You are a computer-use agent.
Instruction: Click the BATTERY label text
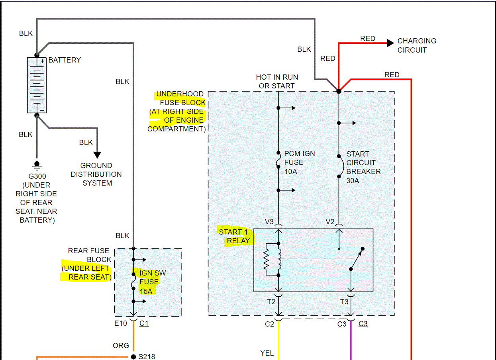pyautogui.click(x=65, y=60)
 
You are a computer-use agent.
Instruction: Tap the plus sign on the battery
pyautogui.click(x=42, y=61)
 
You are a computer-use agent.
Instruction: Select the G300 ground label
pyautogui.click(x=36, y=176)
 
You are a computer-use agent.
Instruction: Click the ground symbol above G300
pyautogui.click(x=37, y=164)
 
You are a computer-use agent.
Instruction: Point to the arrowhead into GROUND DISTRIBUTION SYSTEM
pyautogui.click(x=97, y=155)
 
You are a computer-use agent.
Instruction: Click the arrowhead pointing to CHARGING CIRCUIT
pyautogui.click(x=390, y=43)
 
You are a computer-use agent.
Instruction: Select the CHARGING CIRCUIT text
pyautogui.click(x=417, y=45)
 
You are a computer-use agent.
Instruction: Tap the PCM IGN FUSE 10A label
pyautogui.click(x=299, y=162)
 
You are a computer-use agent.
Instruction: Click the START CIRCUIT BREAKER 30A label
pyautogui.click(x=363, y=167)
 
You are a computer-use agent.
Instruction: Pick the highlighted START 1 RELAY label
pyautogui.click(x=235, y=236)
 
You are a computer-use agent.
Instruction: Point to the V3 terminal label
pyautogui.click(x=269, y=222)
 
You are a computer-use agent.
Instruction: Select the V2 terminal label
pyautogui.click(x=330, y=222)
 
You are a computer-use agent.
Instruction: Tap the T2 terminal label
pyautogui.click(x=271, y=302)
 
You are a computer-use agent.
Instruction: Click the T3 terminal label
pyautogui.click(x=344, y=302)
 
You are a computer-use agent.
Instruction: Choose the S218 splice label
pyautogui.click(x=147, y=356)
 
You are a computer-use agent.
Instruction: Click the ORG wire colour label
pyautogui.click(x=121, y=346)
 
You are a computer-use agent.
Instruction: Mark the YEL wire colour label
pyautogui.click(x=267, y=353)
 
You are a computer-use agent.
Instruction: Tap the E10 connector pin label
pyautogui.click(x=121, y=323)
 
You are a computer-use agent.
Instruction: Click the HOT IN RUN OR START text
pyautogui.click(x=277, y=81)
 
